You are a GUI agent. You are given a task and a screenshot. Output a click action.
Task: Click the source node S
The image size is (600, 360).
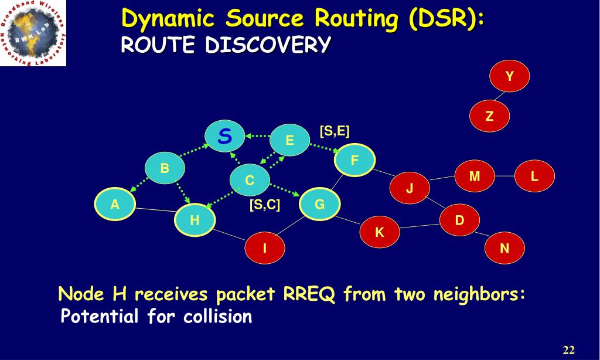(224, 137)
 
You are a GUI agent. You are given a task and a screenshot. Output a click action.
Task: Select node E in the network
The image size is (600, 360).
(289, 141)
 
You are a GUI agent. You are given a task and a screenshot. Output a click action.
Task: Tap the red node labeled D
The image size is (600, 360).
(459, 220)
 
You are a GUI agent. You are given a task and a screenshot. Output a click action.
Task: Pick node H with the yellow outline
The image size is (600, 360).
(195, 221)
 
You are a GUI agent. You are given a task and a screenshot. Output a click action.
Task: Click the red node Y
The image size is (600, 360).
(510, 76)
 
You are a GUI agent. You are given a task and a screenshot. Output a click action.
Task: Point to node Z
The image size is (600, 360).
(490, 116)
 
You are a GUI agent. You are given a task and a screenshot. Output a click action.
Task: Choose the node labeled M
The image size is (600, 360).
(475, 176)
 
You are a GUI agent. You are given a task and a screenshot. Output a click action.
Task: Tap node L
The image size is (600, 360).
(534, 176)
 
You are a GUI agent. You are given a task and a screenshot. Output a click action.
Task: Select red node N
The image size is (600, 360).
(504, 248)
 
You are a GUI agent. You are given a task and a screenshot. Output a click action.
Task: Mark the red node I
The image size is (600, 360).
(265, 248)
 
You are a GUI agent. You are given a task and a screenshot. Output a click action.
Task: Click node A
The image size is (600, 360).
(115, 204)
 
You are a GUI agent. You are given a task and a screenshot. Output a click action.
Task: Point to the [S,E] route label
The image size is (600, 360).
(335, 131)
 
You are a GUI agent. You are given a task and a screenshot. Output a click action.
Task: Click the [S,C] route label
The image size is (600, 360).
(265, 205)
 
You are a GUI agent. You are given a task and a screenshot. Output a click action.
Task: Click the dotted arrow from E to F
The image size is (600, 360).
(322, 149)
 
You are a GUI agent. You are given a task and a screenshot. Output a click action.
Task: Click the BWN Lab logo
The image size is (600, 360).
(33, 33)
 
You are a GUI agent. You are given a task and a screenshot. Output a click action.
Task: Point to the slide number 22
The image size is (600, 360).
(568, 351)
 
